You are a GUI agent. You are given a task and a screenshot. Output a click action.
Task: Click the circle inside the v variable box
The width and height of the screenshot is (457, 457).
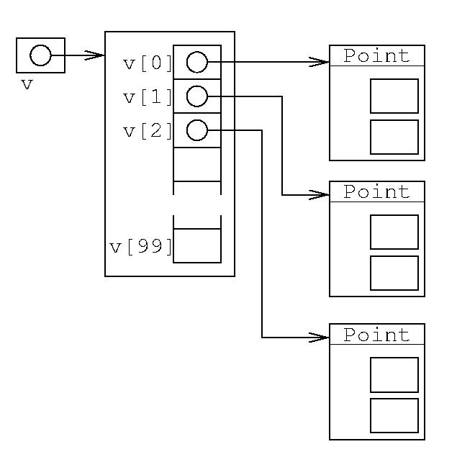[x=40, y=55]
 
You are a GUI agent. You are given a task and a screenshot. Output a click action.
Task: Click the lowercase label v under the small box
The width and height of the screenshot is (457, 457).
[x=27, y=84]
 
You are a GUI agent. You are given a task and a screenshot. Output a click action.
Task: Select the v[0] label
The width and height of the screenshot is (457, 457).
[x=148, y=63]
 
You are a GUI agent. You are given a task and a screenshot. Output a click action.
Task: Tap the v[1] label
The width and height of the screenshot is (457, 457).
[x=148, y=97]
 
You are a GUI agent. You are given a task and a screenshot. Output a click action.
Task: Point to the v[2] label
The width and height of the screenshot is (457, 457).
[x=148, y=131]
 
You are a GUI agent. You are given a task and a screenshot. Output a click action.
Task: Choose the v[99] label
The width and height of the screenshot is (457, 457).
[x=141, y=247]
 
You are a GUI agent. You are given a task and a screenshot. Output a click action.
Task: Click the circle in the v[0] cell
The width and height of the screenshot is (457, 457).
[x=196, y=63]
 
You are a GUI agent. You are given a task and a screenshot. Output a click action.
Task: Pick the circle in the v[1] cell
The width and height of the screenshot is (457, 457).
[x=196, y=96]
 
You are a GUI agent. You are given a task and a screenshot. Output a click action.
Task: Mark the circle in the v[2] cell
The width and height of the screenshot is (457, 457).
[x=196, y=130]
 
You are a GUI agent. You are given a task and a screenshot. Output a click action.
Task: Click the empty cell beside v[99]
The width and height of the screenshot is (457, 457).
[x=197, y=246]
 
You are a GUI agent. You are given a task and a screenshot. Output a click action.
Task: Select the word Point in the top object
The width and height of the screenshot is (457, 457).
[x=376, y=55]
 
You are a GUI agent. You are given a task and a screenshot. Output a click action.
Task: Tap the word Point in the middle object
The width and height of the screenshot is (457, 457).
[x=376, y=191]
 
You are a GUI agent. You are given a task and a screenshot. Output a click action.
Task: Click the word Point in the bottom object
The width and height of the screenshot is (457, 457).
[x=376, y=335]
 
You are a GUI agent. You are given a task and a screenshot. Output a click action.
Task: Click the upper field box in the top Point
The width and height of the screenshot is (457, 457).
[x=394, y=96]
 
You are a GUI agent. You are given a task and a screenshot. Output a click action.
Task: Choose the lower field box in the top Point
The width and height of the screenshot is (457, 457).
[x=394, y=137]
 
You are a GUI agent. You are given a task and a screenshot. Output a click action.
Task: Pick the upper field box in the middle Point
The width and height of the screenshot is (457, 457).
[x=394, y=232]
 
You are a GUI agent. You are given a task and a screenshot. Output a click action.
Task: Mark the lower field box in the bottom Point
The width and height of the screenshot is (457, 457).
[x=394, y=415]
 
